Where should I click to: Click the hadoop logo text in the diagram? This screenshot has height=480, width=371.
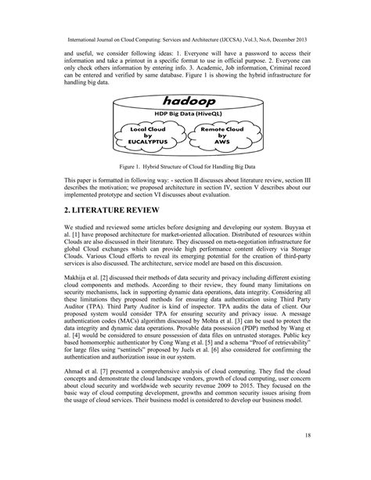point(186,102)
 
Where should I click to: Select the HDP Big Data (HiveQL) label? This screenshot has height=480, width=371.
point(185,116)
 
